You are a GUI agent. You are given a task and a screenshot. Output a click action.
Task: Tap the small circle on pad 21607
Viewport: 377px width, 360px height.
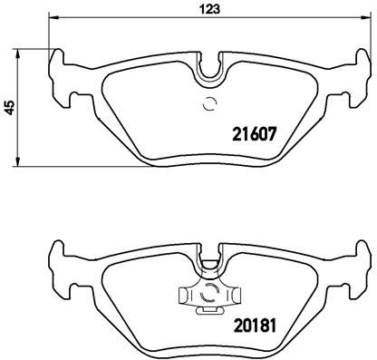tap(209, 103)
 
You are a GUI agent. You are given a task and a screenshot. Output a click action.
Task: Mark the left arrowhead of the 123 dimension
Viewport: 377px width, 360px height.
tap(51, 18)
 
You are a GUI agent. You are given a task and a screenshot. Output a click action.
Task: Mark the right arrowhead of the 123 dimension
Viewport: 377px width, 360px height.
tap(369, 18)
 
